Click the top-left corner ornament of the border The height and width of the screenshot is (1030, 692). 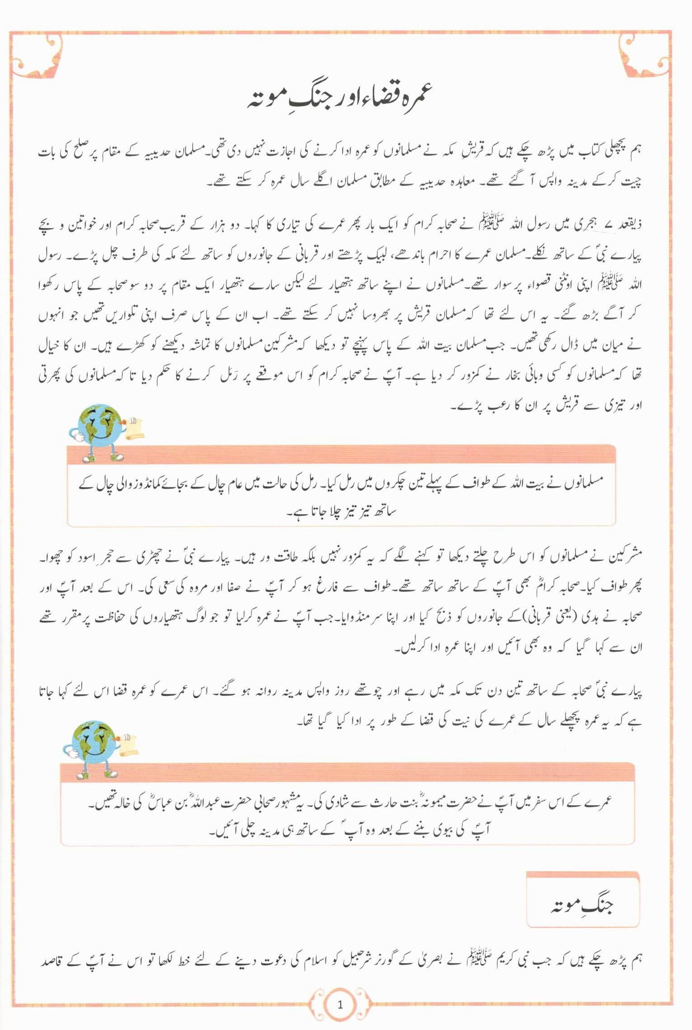[36, 56]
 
